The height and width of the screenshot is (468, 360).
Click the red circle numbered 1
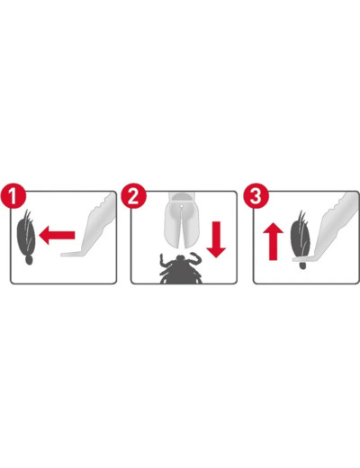(x=13, y=196)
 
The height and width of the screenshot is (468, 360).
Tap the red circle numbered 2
(x=133, y=196)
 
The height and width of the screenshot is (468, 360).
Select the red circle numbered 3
(x=256, y=196)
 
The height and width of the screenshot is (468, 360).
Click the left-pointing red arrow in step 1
(x=57, y=236)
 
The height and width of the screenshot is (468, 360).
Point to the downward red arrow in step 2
(x=216, y=239)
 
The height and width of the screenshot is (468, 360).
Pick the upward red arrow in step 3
(x=273, y=241)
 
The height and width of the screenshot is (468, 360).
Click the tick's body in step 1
(x=26, y=236)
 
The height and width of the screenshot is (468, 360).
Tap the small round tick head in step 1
(x=29, y=260)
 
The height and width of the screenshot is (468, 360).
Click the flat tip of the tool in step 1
(x=71, y=254)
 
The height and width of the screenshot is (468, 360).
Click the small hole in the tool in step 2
(x=181, y=206)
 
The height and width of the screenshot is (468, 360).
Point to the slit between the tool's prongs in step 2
(x=181, y=228)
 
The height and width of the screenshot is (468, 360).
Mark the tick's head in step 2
(x=181, y=258)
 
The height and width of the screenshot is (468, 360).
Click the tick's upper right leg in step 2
(x=195, y=258)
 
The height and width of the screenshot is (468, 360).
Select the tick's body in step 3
(x=301, y=236)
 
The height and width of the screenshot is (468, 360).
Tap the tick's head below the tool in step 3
(x=302, y=265)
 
